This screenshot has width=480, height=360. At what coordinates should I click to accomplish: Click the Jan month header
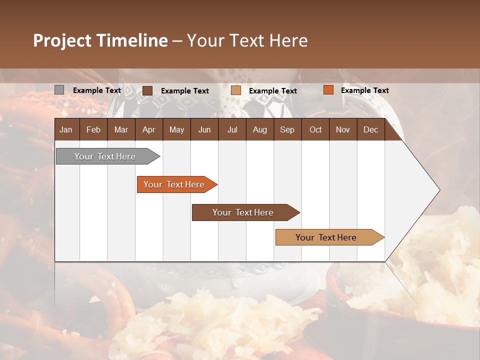pos(66,129)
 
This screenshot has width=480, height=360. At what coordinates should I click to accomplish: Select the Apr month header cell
pos(148,129)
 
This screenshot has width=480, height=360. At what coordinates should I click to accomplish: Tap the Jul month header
pos(232,129)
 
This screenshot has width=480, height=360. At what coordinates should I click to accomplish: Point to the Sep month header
pos(287,129)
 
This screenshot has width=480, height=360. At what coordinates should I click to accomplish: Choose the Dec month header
pos(370,129)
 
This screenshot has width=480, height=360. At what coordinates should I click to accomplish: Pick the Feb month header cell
pos(93,129)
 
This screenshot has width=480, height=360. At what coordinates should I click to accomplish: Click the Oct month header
pos(315,129)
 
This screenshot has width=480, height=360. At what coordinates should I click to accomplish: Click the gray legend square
pos(59,90)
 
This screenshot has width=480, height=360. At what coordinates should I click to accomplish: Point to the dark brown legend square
pos(147,90)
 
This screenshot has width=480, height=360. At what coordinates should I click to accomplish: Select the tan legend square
pos(236,90)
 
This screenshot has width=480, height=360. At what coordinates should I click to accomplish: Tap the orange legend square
pos(328,90)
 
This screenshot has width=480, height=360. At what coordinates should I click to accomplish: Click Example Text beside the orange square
pos(364,90)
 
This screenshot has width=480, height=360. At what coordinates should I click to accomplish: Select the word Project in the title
pos(62,40)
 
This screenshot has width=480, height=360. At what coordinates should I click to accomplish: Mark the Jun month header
pos(204,129)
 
